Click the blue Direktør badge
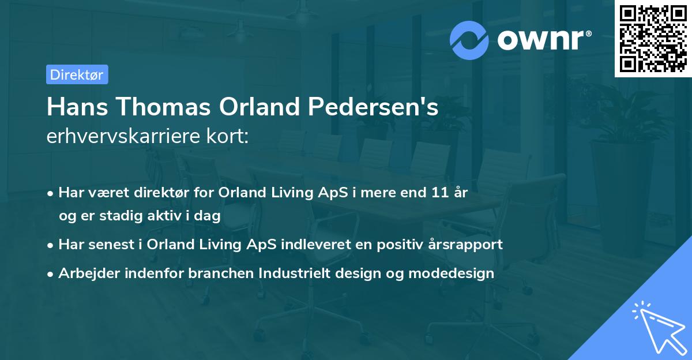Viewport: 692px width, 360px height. (77, 74)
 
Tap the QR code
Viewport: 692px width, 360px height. (653, 38)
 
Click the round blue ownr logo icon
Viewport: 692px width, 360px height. (469, 40)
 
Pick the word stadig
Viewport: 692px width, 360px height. (119, 215)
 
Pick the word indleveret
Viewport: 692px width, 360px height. (311, 244)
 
